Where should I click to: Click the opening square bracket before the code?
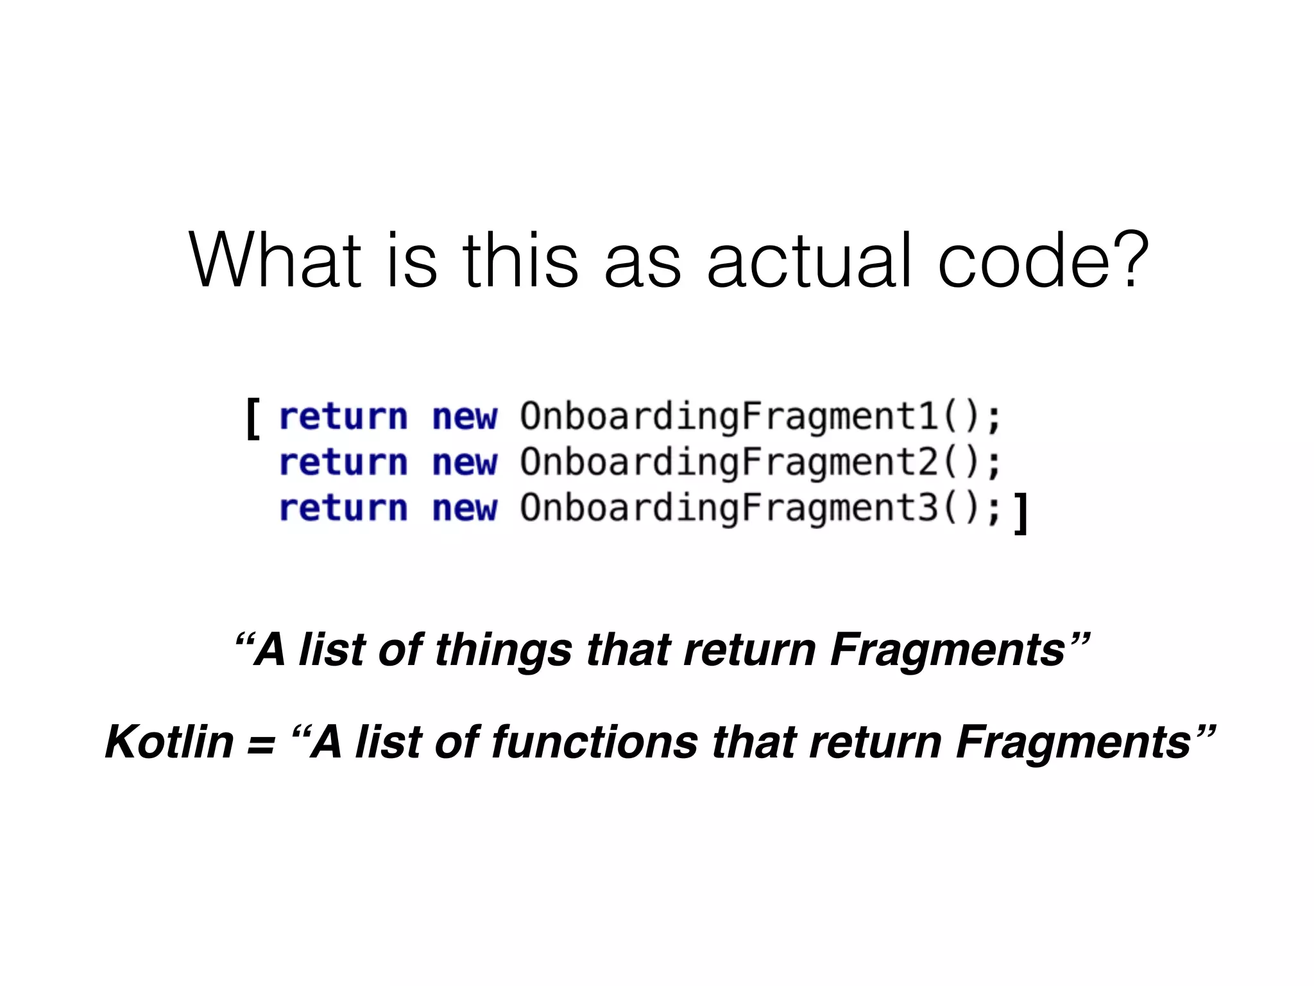(253, 418)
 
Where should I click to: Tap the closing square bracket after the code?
(1021, 513)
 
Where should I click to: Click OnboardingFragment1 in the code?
(730, 417)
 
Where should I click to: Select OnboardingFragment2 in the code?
(730, 463)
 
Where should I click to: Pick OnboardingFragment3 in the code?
(730, 508)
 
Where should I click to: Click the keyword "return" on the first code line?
(343, 417)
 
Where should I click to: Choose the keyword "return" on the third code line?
(343, 509)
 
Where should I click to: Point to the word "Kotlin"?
(169, 742)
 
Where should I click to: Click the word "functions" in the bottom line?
(595, 742)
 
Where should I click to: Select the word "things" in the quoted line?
(503, 650)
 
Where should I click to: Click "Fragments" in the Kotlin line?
(1073, 742)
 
